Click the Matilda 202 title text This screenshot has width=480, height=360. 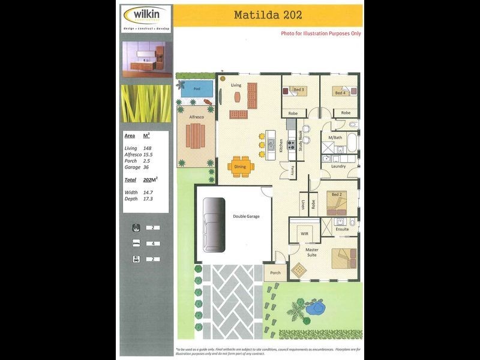click(x=268, y=14)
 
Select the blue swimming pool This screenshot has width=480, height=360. click(x=196, y=89)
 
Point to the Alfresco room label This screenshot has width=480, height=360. click(x=197, y=117)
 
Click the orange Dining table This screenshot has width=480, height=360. click(x=240, y=167)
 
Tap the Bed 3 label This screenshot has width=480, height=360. click(x=298, y=90)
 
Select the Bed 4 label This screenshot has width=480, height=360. click(x=340, y=93)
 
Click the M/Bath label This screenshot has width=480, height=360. click(x=335, y=138)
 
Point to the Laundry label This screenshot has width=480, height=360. click(x=338, y=166)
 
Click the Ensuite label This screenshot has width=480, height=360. click(x=342, y=229)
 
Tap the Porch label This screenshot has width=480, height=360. click(x=275, y=272)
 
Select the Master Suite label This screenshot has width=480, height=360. click(x=312, y=253)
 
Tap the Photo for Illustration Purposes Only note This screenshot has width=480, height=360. click(x=321, y=34)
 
